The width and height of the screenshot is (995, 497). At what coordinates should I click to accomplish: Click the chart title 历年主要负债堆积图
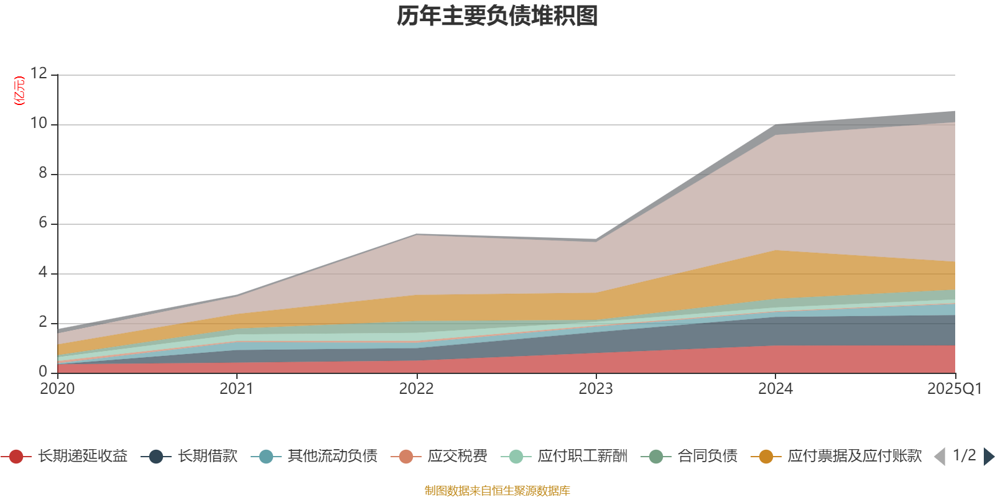point(497,16)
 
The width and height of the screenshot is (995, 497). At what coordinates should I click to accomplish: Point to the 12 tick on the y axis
point(39,73)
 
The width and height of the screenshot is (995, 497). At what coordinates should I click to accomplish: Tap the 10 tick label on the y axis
point(39,123)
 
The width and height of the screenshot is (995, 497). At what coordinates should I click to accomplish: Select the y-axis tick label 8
point(43,173)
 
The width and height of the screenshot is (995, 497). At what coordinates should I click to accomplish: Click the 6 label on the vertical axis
point(43,222)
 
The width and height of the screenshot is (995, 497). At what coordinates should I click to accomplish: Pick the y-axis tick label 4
point(43,272)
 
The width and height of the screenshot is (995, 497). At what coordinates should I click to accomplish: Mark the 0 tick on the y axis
point(43,372)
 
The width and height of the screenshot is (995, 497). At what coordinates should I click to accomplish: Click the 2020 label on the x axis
point(57,389)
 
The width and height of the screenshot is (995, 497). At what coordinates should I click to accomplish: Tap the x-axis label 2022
point(416,389)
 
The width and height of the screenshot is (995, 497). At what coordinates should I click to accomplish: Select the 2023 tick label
point(596,389)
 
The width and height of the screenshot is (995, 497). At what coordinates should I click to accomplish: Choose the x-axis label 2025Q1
point(954,389)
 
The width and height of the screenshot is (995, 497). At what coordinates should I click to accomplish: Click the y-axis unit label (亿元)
point(20,91)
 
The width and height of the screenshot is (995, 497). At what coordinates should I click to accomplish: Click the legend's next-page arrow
point(988,457)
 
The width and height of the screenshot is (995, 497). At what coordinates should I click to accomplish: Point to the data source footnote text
point(497,491)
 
